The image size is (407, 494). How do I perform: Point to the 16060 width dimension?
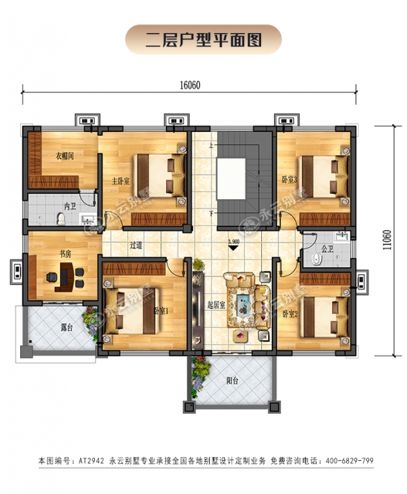tap(192, 85)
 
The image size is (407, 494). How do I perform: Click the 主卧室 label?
tap(120, 181)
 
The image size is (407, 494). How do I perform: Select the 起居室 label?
tap(217, 305)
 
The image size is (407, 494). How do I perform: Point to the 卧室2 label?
tap(290, 314)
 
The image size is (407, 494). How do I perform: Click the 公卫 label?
tap(327, 249)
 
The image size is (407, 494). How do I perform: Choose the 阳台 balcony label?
tap(232, 380)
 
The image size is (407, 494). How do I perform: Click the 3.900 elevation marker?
tap(233, 242)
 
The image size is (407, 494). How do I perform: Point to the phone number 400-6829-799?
tap(340, 461)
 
